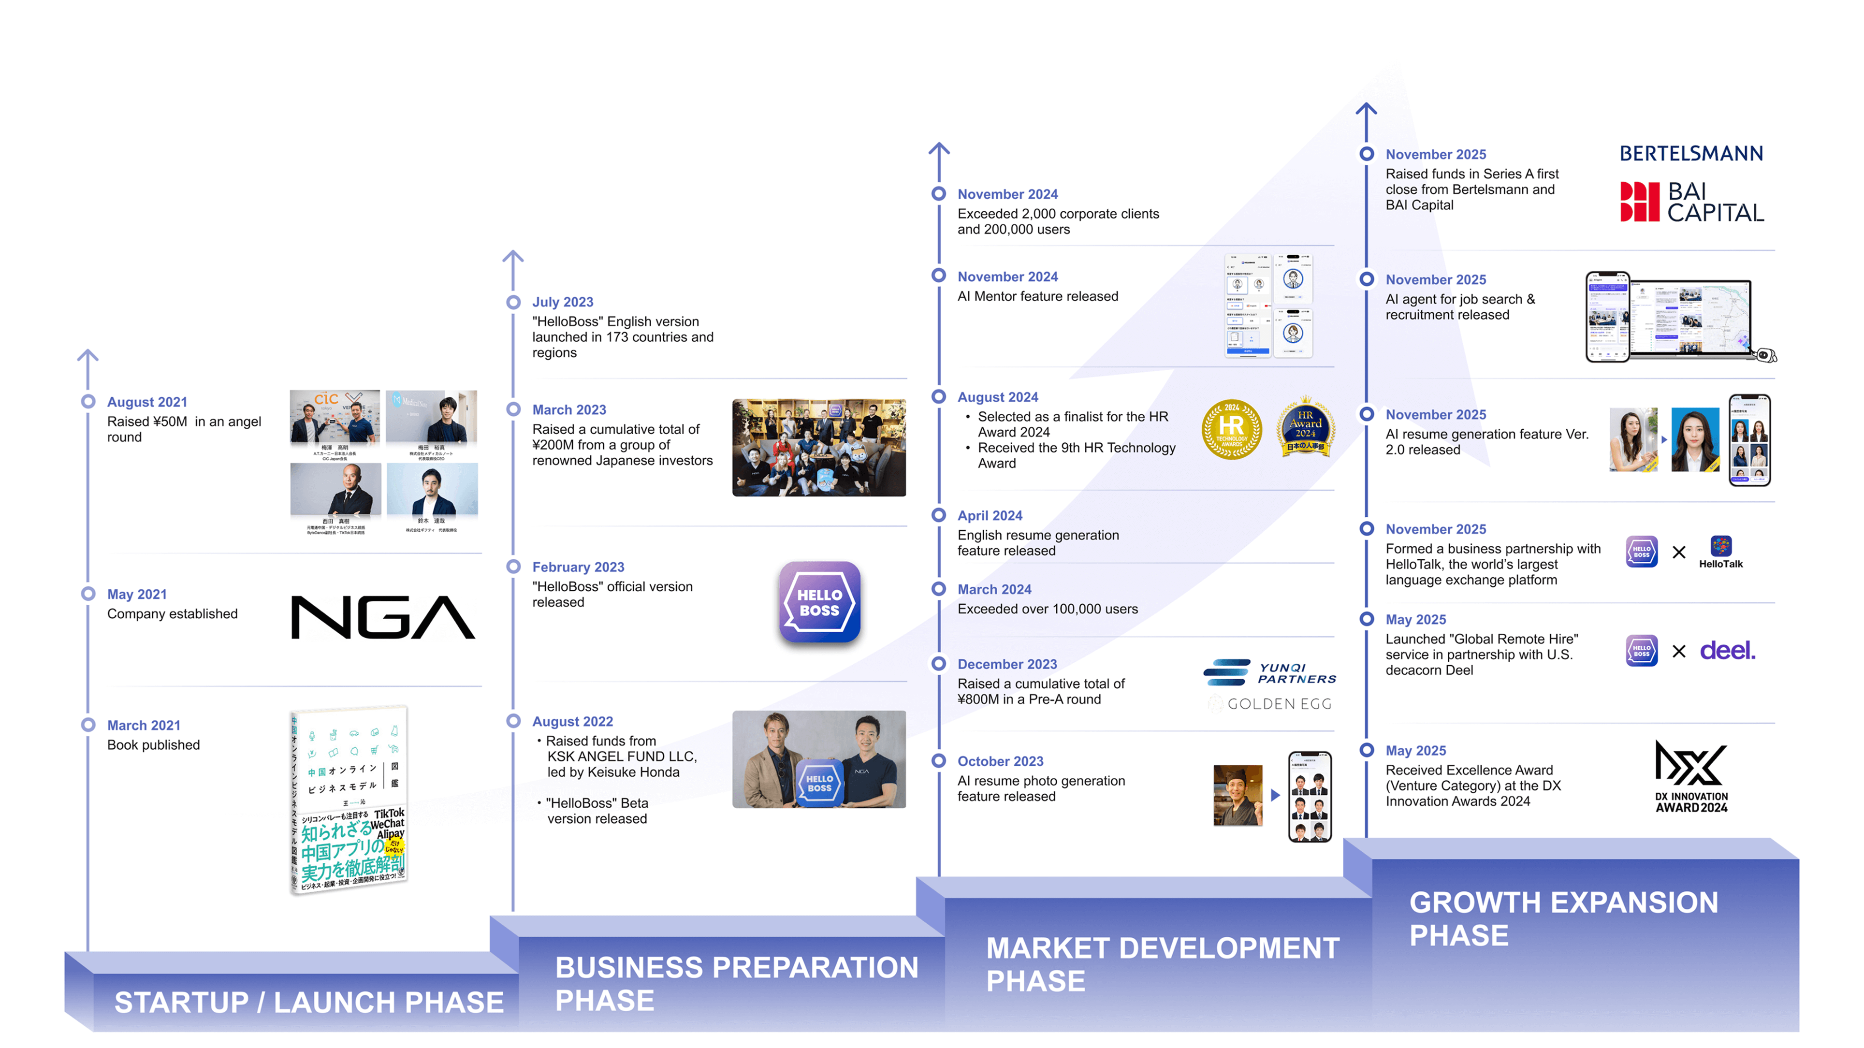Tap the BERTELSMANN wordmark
[1690, 153]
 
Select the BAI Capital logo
[1691, 202]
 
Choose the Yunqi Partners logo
[1269, 672]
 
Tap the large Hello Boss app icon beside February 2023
[819, 602]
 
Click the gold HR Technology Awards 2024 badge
[1232, 429]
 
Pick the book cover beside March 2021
[349, 799]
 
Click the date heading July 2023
[562, 302]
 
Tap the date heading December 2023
[1006, 664]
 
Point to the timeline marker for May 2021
[88, 594]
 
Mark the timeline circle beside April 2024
[938, 515]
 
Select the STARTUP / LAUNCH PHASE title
[309, 1003]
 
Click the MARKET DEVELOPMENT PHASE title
[1162, 964]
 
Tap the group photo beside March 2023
[818, 447]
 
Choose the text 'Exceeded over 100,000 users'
[1047, 609]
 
